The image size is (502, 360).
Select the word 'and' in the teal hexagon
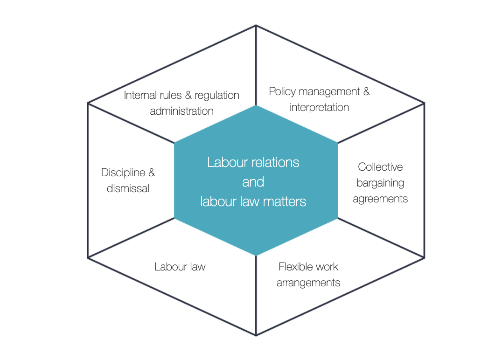(x=253, y=182)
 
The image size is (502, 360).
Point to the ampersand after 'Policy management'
(x=366, y=91)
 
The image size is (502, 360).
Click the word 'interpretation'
(x=319, y=107)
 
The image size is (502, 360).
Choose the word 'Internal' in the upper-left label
(x=139, y=95)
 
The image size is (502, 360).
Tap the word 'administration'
(x=181, y=111)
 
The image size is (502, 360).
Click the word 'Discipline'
(x=123, y=173)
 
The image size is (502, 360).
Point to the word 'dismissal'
(x=128, y=188)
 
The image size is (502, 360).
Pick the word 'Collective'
(x=380, y=167)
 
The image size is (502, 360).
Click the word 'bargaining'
(x=380, y=183)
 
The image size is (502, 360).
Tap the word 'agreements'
(x=380, y=199)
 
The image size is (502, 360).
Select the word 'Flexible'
(x=294, y=267)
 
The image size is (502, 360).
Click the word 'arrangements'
(x=308, y=283)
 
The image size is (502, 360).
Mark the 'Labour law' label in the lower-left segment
(x=180, y=267)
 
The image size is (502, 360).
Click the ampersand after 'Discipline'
(x=151, y=173)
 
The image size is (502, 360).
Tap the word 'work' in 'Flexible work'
(x=327, y=267)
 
